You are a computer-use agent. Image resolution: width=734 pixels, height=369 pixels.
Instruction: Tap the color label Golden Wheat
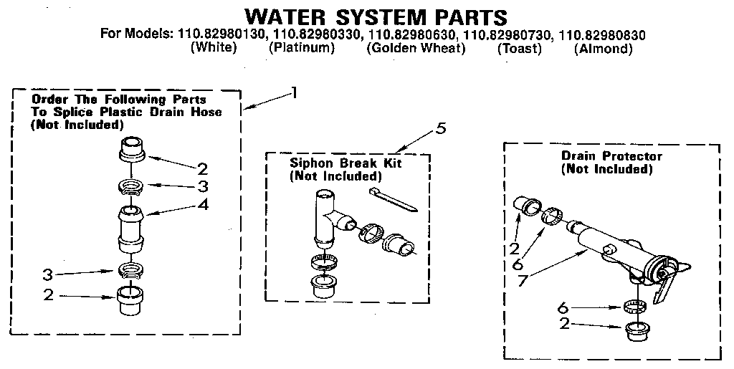pos(416,49)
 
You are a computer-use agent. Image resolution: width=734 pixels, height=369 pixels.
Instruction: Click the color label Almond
pos(603,49)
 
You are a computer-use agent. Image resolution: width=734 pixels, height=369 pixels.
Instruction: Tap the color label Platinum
pos(302,49)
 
